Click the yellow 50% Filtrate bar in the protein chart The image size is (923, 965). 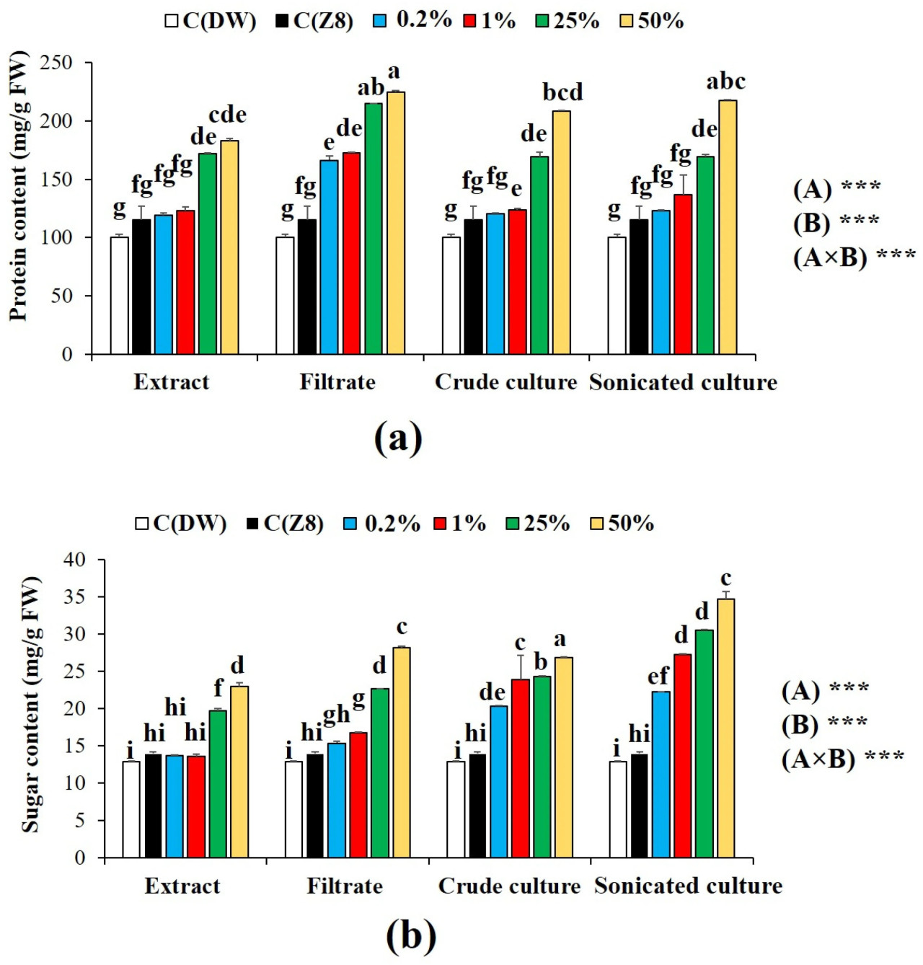click(x=396, y=223)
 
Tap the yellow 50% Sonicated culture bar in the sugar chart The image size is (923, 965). click(x=725, y=728)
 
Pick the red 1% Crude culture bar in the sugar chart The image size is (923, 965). click(x=520, y=768)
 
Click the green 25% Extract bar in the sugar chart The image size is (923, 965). click(x=218, y=783)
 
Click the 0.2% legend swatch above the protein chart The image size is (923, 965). click(x=380, y=20)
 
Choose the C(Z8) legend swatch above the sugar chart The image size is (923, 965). click(x=252, y=523)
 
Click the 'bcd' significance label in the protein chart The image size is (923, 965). click(x=562, y=92)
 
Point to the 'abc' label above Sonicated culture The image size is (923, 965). click(x=725, y=81)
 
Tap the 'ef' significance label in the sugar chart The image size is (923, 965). click(x=658, y=676)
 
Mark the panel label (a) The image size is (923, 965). click(x=398, y=437)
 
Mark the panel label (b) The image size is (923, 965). click(x=411, y=935)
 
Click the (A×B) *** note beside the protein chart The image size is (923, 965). click(x=854, y=257)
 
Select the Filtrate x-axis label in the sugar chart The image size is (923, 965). click(x=345, y=886)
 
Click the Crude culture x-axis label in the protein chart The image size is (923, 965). click(x=505, y=382)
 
